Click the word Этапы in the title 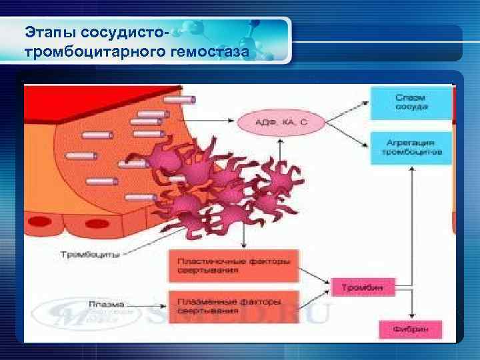click(46, 31)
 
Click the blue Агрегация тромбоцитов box click(410, 147)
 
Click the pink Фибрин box click(410, 328)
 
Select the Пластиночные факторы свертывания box click(233, 265)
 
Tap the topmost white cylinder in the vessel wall click(179, 99)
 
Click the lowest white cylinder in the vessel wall click(141, 197)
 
